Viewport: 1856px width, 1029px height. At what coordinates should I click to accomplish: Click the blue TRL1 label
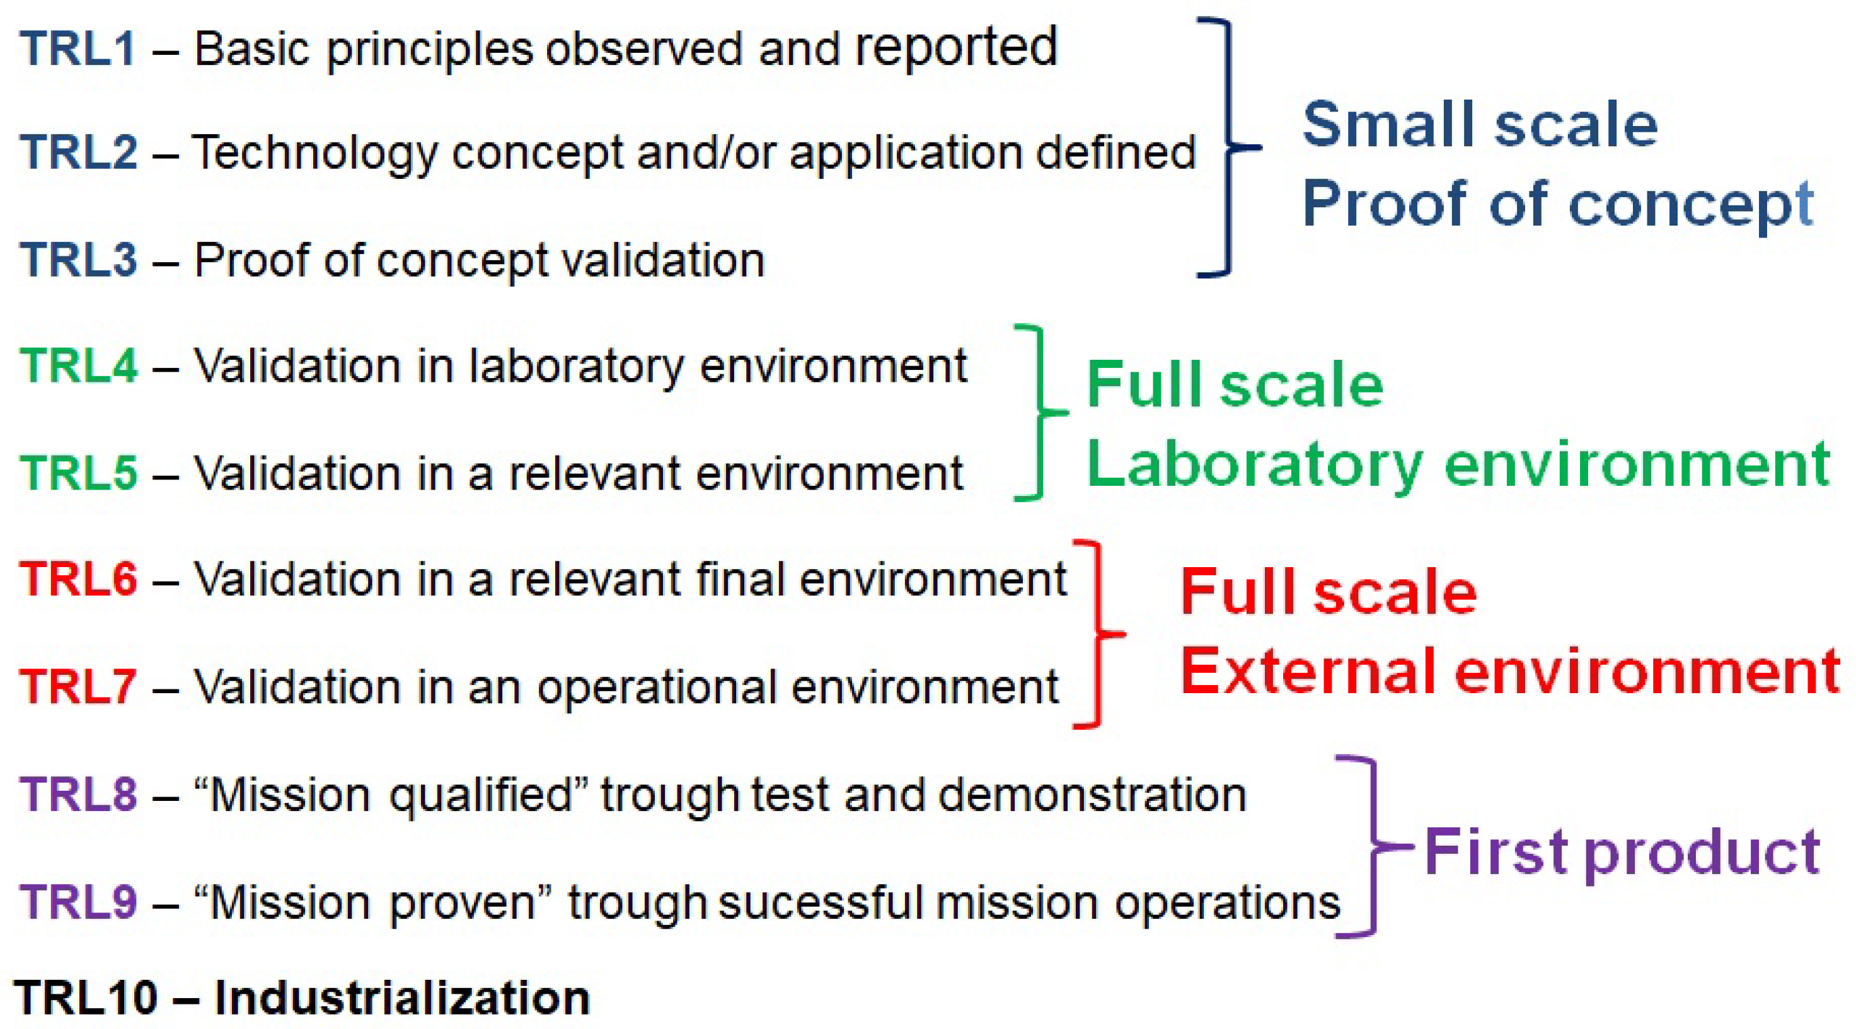click(x=78, y=49)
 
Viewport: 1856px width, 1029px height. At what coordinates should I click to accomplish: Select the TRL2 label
click(x=78, y=152)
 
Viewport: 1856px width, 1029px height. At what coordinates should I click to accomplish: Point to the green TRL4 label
click(x=78, y=365)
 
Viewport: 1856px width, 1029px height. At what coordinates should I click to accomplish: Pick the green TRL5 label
click(x=78, y=473)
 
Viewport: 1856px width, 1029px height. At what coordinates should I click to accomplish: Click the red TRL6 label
click(x=78, y=578)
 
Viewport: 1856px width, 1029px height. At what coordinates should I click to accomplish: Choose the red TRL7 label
click(x=78, y=686)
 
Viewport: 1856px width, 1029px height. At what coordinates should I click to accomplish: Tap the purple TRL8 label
click(x=78, y=794)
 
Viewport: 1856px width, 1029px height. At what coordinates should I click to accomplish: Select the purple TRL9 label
click(x=78, y=902)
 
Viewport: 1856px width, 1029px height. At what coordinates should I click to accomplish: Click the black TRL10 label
click(x=86, y=998)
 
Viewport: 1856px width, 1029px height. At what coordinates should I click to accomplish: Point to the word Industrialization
click(x=402, y=998)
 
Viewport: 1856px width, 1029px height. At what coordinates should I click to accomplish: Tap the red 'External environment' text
click(x=1510, y=671)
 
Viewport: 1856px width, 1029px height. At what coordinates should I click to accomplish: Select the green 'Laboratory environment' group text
click(x=1458, y=466)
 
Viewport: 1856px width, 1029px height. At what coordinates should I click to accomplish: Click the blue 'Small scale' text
click(x=1480, y=124)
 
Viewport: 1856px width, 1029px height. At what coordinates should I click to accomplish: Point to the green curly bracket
click(x=1040, y=413)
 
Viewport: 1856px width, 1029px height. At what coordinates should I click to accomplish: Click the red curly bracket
click(x=1098, y=634)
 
